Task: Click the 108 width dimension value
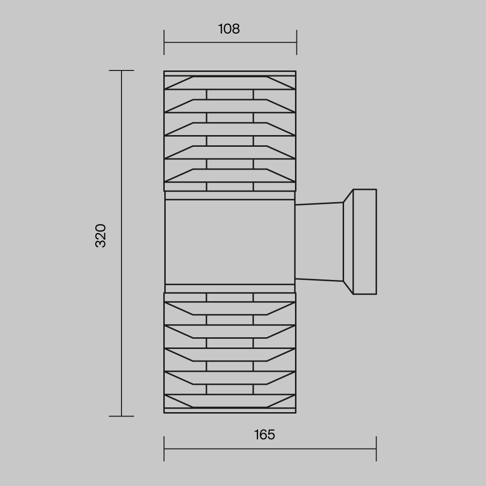point(229,29)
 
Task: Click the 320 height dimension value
point(101,236)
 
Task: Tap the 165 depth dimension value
point(264,434)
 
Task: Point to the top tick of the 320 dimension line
point(121,70)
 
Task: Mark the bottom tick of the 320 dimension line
point(121,416)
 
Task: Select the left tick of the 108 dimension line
point(164,42)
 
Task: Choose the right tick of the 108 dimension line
point(296,42)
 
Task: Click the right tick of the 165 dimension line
point(376,449)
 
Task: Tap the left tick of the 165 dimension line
point(164,449)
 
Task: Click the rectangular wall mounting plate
point(365,242)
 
